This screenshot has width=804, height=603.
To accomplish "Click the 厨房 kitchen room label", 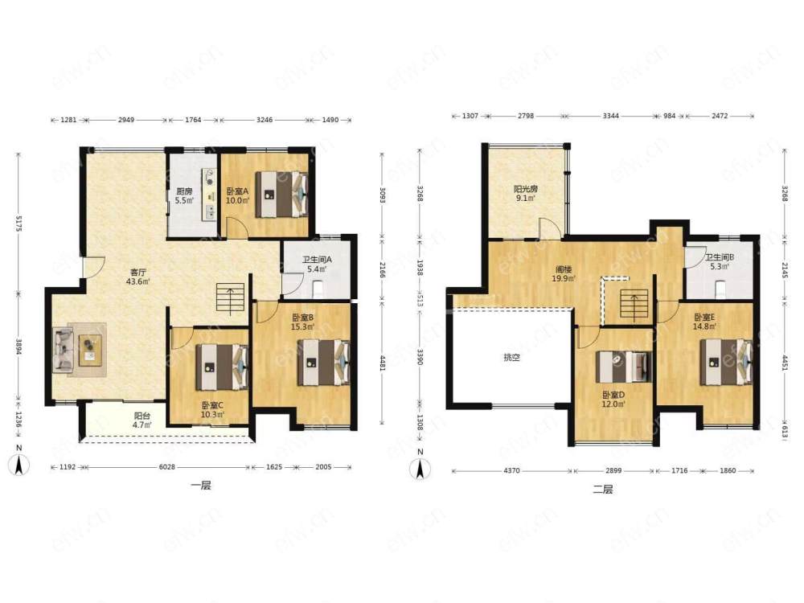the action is [183, 191].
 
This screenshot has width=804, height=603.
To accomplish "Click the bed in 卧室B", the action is [323, 362].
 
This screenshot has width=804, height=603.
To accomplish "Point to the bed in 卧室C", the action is [223, 367].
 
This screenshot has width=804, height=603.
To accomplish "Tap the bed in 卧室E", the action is [727, 362].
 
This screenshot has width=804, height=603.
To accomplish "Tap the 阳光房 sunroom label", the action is [526, 189].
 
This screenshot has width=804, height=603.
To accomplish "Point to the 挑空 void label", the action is [511, 358].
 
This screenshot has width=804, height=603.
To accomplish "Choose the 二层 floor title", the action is [602, 489].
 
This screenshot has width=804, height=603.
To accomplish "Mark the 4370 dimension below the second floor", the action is [511, 470].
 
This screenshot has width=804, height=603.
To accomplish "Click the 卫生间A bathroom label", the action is [316, 260].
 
